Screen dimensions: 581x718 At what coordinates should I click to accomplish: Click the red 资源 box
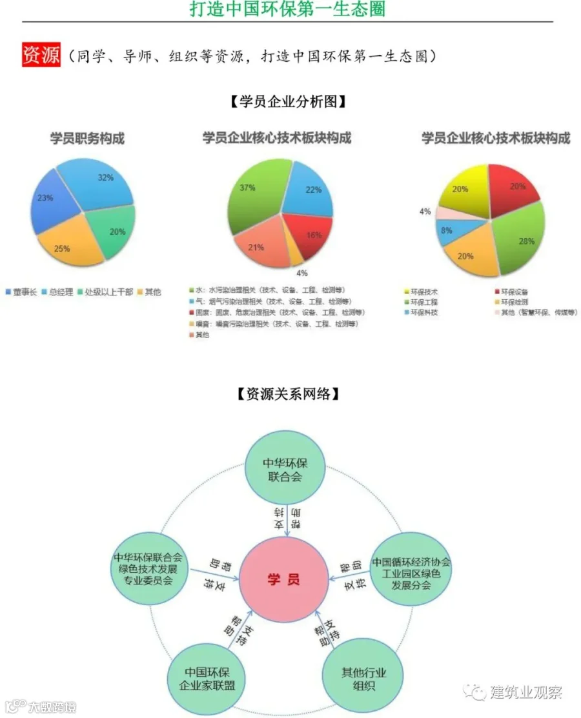point(41,55)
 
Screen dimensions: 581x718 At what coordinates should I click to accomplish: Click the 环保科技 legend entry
point(423,312)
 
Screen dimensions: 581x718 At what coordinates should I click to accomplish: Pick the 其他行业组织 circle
point(363,679)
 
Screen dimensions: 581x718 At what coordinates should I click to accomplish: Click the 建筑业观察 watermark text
point(525,693)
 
